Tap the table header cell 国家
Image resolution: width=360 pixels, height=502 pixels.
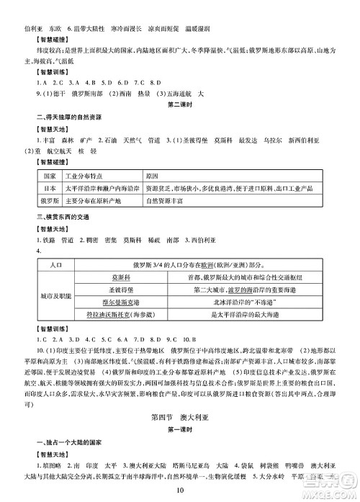[50, 176]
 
